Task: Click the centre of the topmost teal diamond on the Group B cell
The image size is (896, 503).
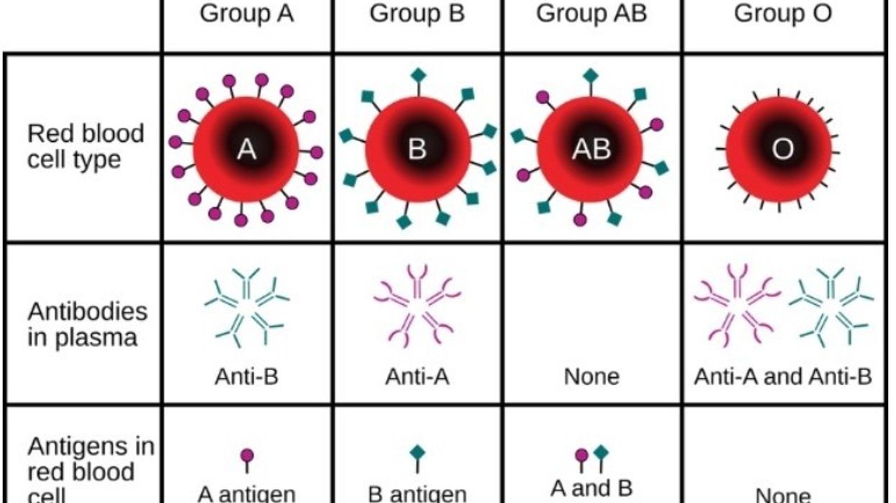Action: (x=418, y=75)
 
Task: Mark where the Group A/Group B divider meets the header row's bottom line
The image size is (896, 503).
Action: (x=332, y=53)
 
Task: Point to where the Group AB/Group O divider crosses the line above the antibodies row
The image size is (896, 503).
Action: (x=682, y=242)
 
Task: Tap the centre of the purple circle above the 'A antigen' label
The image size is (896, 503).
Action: (x=247, y=456)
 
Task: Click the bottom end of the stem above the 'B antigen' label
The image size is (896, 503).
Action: (x=417, y=473)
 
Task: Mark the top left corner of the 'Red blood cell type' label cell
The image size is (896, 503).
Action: (x=4, y=53)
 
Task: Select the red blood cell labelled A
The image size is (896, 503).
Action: (x=246, y=150)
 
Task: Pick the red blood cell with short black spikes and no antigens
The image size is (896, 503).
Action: (x=779, y=150)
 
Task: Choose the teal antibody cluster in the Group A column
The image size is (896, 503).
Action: (x=246, y=307)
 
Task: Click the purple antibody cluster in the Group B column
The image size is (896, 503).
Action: (x=417, y=306)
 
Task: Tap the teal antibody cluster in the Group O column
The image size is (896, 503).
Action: (x=831, y=307)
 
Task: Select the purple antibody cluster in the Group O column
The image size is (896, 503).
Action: (x=737, y=306)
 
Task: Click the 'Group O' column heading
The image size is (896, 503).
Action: (x=783, y=13)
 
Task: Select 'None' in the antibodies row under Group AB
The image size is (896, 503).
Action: (x=592, y=376)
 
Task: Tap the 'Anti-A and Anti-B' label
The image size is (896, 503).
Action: (x=783, y=376)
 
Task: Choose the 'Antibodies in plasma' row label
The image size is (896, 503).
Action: (x=87, y=325)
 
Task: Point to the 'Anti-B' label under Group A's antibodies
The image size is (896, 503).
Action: (x=246, y=376)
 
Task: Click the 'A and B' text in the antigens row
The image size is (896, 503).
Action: (x=592, y=488)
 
